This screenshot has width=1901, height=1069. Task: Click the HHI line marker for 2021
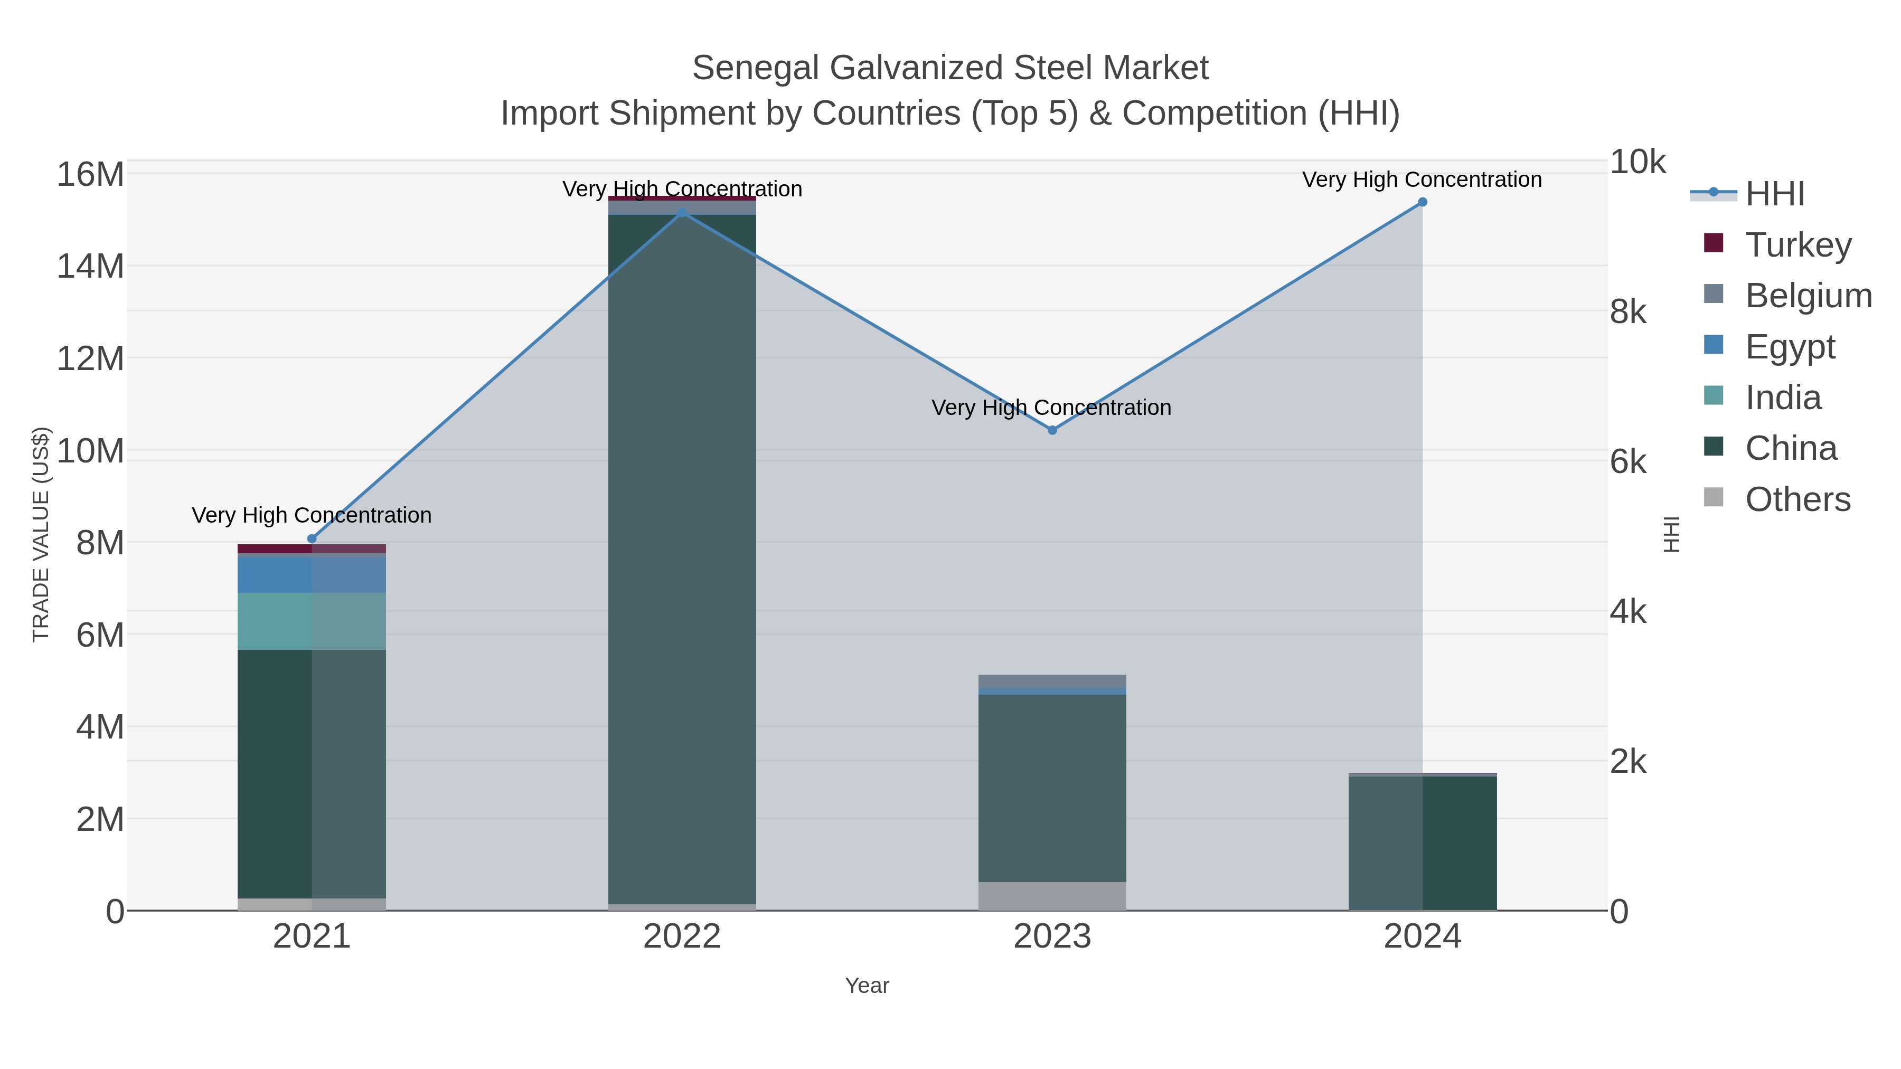pos(312,538)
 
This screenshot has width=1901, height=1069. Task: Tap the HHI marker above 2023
pos(1052,430)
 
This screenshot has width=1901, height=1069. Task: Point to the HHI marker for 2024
pos(1423,202)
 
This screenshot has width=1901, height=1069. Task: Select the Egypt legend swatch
pos(1714,345)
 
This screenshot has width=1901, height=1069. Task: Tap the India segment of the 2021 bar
pos(312,621)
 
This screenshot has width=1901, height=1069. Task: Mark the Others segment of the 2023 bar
pos(1052,896)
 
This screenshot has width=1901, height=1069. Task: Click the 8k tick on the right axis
pos(1628,312)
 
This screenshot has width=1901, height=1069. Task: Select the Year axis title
pos(867,986)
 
